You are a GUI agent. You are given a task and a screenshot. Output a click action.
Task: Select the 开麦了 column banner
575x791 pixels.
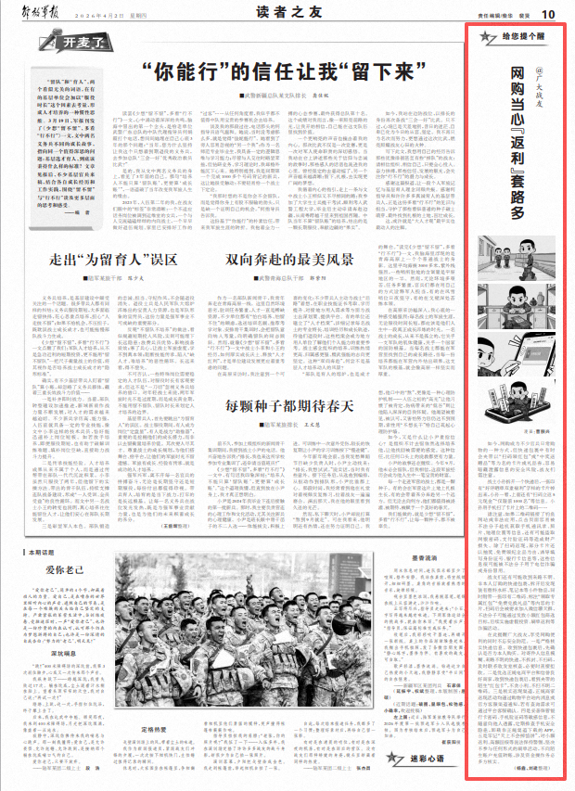[58, 43]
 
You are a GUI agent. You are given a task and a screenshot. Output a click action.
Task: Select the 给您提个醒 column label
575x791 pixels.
[510, 38]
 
